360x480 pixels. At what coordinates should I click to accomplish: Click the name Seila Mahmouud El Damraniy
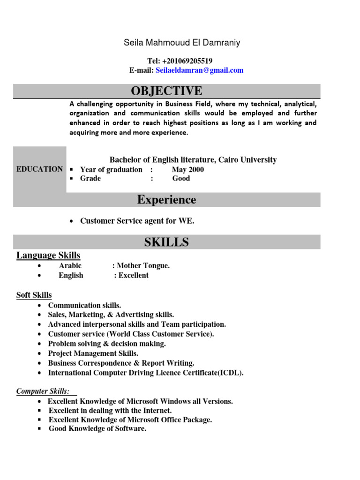182,43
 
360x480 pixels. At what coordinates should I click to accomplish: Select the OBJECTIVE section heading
167,91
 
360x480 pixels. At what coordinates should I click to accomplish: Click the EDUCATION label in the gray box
39,169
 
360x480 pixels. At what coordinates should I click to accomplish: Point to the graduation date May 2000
187,170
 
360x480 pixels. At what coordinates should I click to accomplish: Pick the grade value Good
181,179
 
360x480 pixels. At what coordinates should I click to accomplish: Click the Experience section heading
167,200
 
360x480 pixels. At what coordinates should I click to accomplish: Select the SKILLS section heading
167,242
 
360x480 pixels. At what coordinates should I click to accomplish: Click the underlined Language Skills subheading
48,255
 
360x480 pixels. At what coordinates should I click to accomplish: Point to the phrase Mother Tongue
143,266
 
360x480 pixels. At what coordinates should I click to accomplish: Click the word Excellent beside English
134,276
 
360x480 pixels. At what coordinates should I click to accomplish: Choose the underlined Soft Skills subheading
34,295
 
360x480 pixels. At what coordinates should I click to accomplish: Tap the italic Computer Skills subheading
43,391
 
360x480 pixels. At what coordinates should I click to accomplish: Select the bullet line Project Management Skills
93,353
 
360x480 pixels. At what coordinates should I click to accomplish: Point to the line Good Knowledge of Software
97,429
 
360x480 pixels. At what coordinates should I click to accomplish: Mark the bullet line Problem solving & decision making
107,344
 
